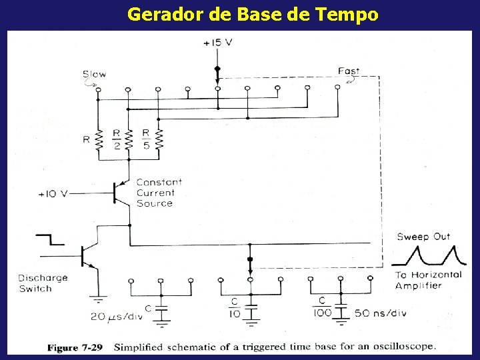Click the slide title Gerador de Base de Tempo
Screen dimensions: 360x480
pyautogui.click(x=253, y=14)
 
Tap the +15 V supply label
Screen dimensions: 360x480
pyautogui.click(x=218, y=43)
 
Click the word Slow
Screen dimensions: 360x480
pyautogui.click(x=94, y=74)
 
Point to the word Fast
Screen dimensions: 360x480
pyautogui.click(x=349, y=71)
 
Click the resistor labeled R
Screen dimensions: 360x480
pyautogui.click(x=99, y=140)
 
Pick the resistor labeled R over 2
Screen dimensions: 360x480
pyautogui.click(x=129, y=140)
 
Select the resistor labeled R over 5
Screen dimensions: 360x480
pyautogui.click(x=159, y=140)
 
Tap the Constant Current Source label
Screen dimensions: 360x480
pyautogui.click(x=159, y=193)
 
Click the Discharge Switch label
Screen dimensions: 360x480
pyautogui.click(x=43, y=283)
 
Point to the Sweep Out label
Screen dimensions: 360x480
pyautogui.click(x=423, y=237)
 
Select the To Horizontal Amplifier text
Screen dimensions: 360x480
pyautogui.click(x=427, y=280)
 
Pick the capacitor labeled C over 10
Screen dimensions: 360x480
pyautogui.click(x=251, y=310)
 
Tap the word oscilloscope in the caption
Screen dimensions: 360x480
pyautogui.click(x=401, y=347)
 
